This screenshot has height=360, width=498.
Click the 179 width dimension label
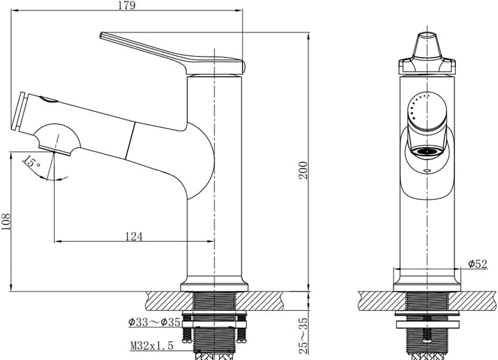coord(127,6)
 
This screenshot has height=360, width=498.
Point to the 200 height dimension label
coord(304,170)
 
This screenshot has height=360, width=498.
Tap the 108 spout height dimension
coord(6,222)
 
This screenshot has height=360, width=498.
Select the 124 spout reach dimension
coord(133,236)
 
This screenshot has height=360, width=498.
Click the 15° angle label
coord(31,162)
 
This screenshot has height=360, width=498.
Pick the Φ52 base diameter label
coord(478,263)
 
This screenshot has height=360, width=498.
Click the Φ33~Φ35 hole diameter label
coord(154,322)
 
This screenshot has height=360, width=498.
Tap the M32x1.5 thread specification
coord(152,345)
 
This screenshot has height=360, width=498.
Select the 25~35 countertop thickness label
coord(304,336)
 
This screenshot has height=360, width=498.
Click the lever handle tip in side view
coord(102,35)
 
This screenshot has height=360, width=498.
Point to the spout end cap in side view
coord(19,111)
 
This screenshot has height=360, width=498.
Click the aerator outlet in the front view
coord(427,151)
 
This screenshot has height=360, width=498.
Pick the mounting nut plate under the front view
coord(427,325)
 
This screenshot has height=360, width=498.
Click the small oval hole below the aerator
coord(427,171)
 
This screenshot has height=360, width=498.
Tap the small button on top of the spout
coord(48,100)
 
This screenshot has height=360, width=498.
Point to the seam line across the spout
coord(130,140)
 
